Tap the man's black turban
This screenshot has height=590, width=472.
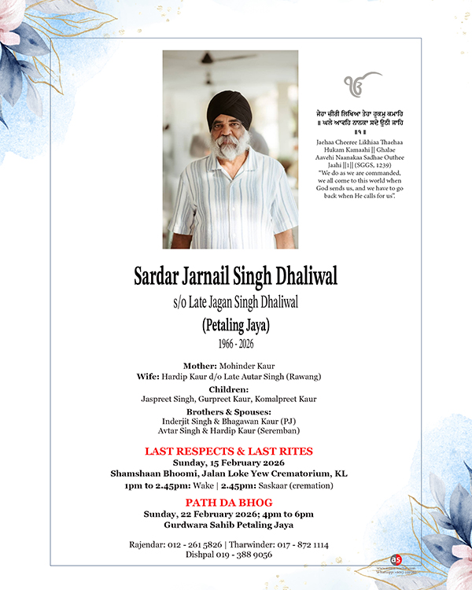(x=229, y=109)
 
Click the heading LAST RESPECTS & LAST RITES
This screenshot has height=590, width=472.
(x=229, y=451)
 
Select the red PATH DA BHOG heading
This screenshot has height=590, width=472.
(x=230, y=502)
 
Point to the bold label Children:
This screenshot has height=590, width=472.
(x=229, y=389)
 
